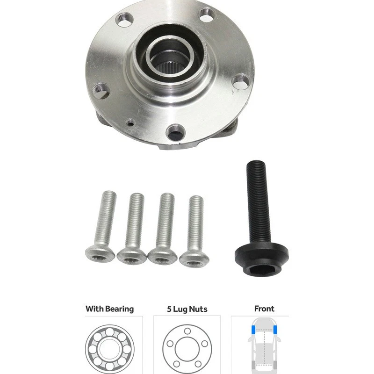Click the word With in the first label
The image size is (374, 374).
94,309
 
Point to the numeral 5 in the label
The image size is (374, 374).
169,309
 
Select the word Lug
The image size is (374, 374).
181,309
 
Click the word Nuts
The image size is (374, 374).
199,309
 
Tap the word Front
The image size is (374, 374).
264,309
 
